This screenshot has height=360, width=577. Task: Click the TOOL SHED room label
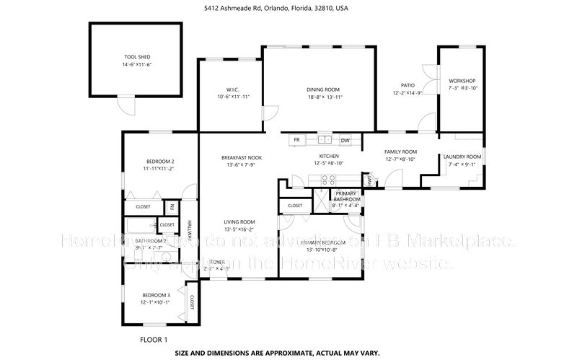[x=137, y=56]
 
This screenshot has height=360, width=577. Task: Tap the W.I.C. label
[x=233, y=89]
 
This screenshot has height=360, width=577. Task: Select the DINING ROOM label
[x=319, y=89]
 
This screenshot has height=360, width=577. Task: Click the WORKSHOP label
[x=462, y=81]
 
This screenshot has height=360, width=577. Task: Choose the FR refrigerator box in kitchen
[x=296, y=140]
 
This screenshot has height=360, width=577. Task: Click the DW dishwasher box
[x=345, y=140]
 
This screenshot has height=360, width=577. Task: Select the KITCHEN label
[x=329, y=157]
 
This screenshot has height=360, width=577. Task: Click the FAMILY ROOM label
[x=400, y=152]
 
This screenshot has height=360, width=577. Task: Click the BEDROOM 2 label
[x=160, y=162]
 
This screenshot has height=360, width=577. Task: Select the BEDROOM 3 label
[x=156, y=295]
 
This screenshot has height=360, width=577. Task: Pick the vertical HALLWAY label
[x=190, y=229]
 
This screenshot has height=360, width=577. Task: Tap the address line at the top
[x=288, y=9]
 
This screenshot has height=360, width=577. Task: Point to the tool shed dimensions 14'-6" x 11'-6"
[x=137, y=64]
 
